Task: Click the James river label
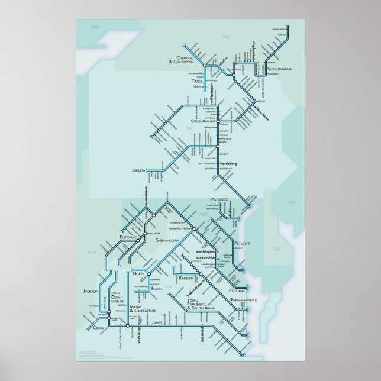(x=157, y=322)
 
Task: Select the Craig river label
(x=98, y=327)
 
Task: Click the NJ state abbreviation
(x=291, y=203)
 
